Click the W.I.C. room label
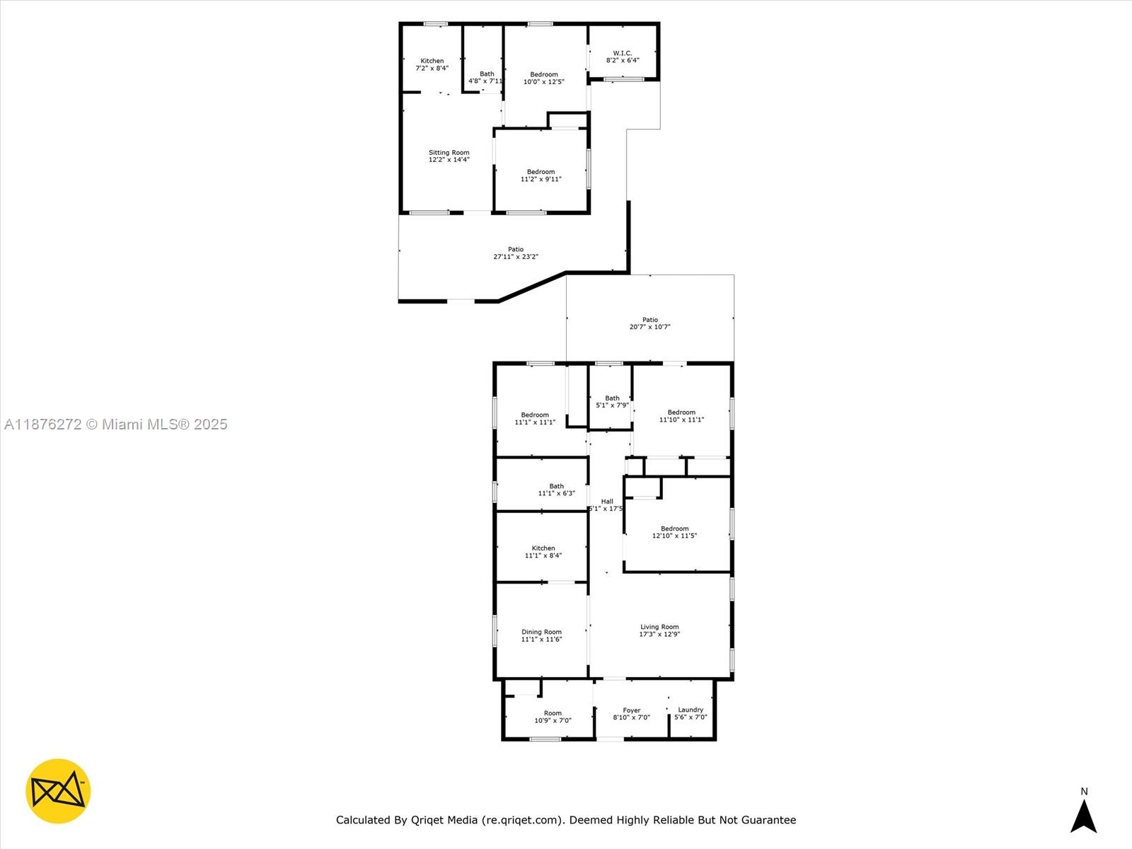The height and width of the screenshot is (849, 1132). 623,53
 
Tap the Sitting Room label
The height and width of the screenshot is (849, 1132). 449,152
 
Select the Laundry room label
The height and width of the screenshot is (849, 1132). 691,710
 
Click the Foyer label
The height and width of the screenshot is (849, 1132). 632,710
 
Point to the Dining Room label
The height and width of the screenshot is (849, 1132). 541,632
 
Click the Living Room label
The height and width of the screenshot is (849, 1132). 659,627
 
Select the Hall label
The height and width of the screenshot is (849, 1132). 607,501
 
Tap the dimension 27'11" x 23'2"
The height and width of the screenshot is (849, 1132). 516,257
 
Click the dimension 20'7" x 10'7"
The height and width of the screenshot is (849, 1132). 649,327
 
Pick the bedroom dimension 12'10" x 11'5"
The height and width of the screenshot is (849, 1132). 674,536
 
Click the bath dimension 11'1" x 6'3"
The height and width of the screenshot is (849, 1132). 556,493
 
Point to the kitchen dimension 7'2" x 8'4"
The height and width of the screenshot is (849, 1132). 432,68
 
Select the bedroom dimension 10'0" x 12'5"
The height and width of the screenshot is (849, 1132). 543,81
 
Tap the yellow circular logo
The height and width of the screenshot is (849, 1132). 58,791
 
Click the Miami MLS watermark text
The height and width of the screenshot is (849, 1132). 115,424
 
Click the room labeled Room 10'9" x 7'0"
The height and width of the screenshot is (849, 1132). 553,717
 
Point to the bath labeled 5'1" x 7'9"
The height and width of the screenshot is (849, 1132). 612,402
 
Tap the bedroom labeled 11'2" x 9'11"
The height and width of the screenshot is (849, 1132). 541,175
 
